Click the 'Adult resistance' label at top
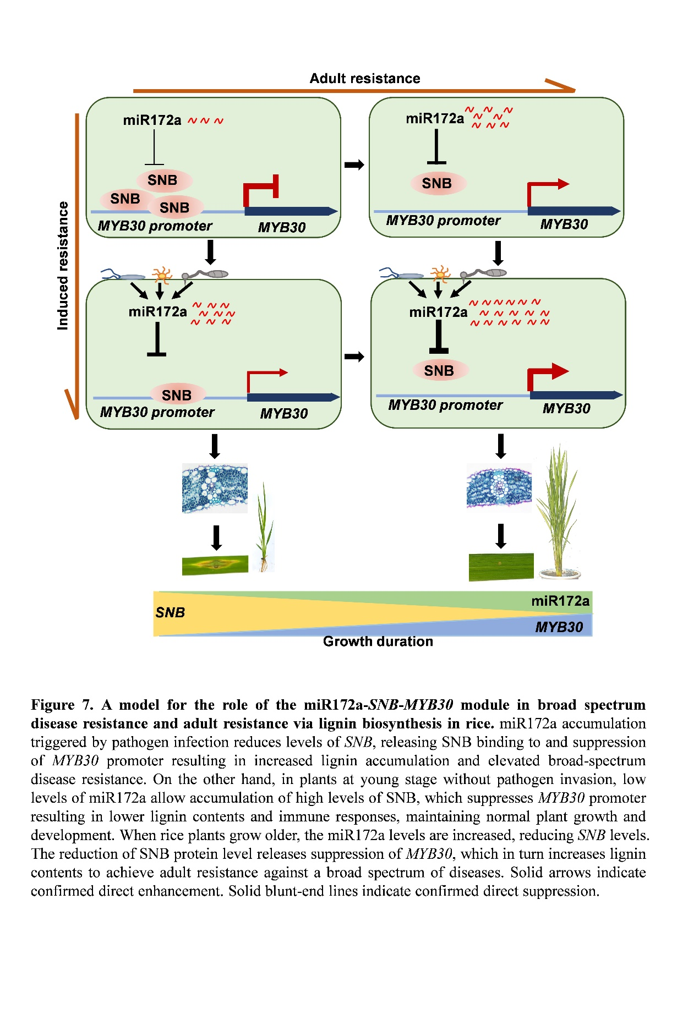click(x=364, y=79)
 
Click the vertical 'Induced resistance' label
click(x=63, y=266)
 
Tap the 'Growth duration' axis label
click(x=378, y=641)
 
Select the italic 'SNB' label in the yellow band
click(x=170, y=612)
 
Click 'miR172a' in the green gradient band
click(x=560, y=601)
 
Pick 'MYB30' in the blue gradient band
click(x=559, y=627)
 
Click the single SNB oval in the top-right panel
click(x=437, y=183)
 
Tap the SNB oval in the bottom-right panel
click(x=439, y=370)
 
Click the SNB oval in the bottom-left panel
click(x=177, y=394)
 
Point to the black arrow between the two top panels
click(x=354, y=164)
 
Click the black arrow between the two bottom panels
click(x=354, y=357)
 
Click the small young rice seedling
click(x=265, y=528)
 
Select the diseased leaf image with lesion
click(x=215, y=564)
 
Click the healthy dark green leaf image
click(x=501, y=567)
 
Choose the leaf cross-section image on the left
click(x=215, y=488)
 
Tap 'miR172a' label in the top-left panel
click(x=152, y=120)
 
